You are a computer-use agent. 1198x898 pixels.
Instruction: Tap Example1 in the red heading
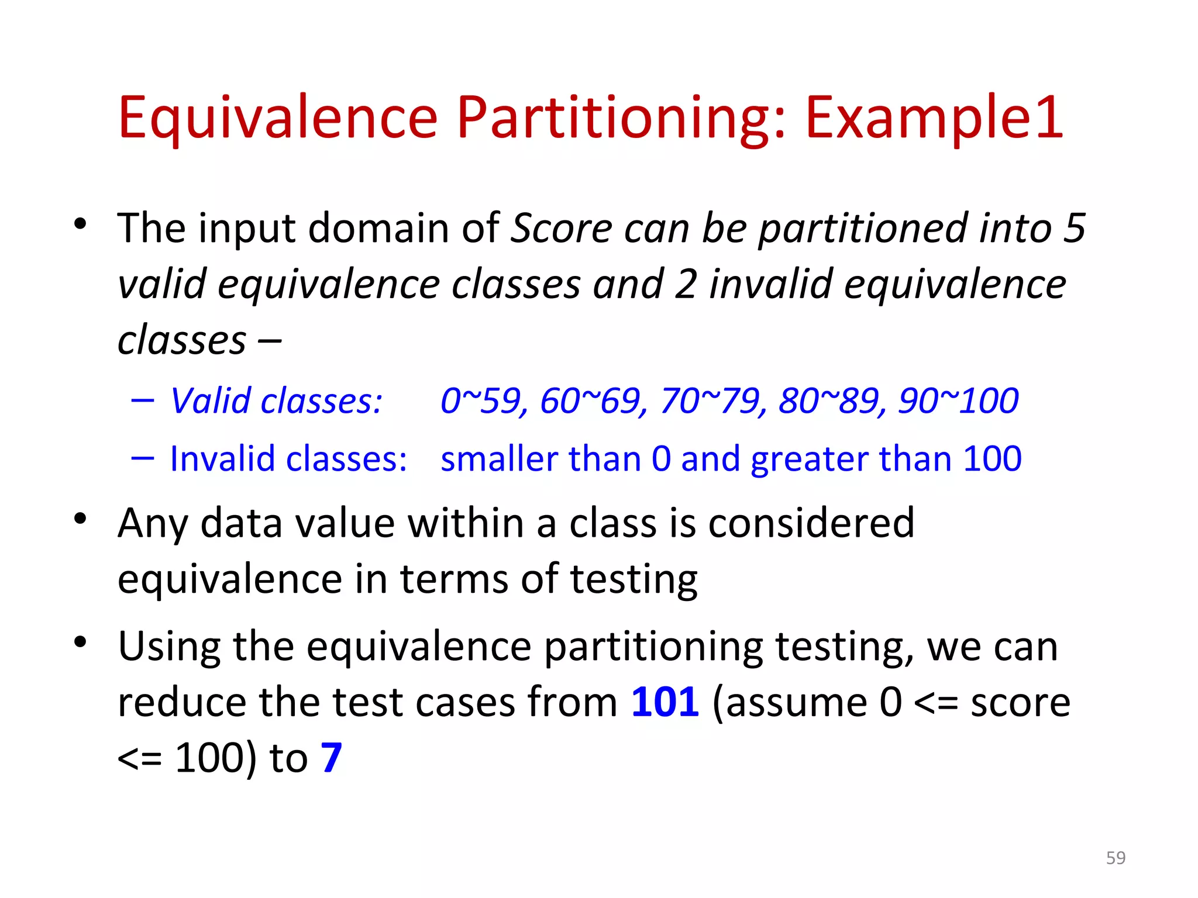click(934, 118)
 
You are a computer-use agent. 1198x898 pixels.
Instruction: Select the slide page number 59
click(1116, 858)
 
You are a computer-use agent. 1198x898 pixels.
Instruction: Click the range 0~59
click(480, 401)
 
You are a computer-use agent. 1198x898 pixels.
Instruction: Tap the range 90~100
click(959, 401)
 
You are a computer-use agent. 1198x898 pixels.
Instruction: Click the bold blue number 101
click(665, 702)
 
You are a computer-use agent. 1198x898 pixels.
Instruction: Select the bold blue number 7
click(331, 758)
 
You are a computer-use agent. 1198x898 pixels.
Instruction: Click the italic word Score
click(562, 228)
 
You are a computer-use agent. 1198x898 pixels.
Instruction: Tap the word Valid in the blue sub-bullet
click(211, 401)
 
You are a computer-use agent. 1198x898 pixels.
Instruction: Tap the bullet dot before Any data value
click(80, 519)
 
